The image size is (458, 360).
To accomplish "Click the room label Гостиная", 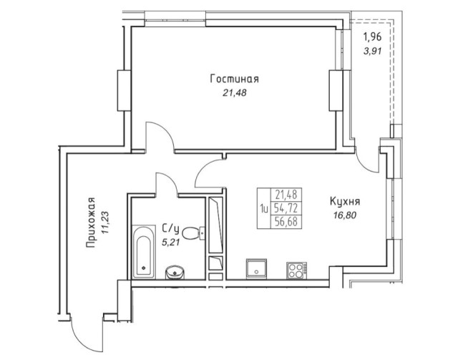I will pyautogui.click(x=233, y=79).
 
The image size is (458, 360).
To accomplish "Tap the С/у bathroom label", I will pyautogui.click(x=169, y=228).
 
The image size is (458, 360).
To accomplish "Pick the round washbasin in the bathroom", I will pyautogui.click(x=174, y=271).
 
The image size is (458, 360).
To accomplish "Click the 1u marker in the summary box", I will pyautogui.click(x=264, y=208).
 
